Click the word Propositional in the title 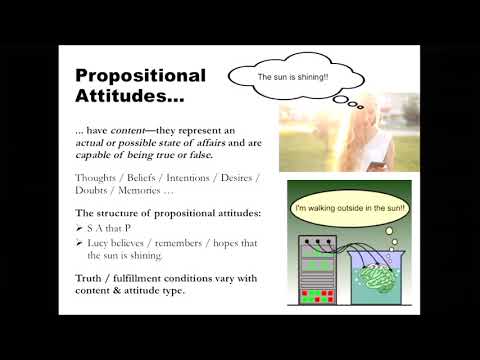(140, 76)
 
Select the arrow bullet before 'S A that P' (79, 227)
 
